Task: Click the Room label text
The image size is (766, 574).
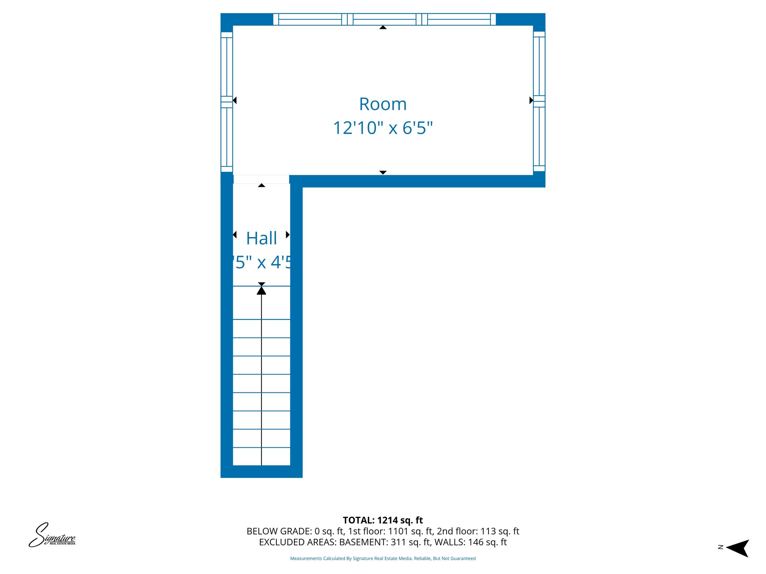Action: point(383,104)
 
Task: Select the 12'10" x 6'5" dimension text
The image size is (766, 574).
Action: point(383,128)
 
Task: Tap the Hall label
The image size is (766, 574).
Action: point(261,238)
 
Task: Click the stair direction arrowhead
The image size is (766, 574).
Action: point(261,290)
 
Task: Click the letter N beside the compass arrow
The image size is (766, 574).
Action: point(720,547)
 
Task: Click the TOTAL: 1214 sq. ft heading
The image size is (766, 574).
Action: point(383,520)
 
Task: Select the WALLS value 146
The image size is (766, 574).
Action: point(476,542)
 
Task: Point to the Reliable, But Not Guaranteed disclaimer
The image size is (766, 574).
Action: point(445,559)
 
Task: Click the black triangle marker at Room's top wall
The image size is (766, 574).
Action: point(383,27)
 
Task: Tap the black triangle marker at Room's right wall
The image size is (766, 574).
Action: point(531,100)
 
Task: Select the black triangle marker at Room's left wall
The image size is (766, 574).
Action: point(235,100)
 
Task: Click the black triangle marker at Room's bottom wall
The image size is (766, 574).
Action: point(383,173)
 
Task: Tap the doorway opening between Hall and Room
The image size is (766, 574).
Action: point(261,179)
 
